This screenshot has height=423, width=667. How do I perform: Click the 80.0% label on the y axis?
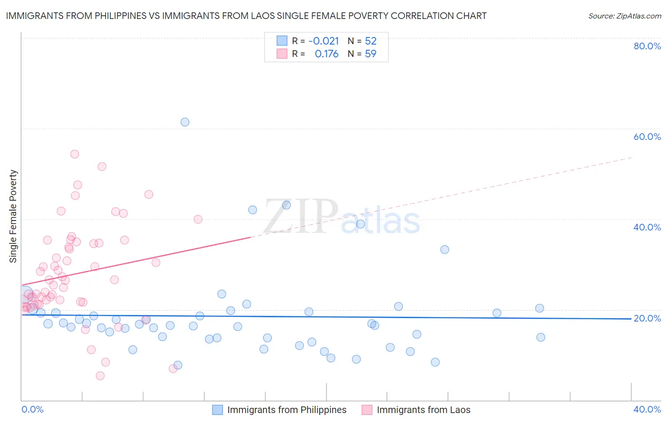[647, 46]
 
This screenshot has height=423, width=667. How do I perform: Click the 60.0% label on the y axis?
[647, 137]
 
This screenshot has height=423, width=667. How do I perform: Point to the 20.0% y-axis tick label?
[647, 318]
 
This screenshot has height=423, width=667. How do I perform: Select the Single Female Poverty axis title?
[13, 216]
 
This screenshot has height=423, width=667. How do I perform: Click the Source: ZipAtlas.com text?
[624, 16]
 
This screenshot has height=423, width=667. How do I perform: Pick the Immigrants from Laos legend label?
[423, 410]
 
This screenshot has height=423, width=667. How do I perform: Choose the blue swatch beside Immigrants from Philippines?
[217, 410]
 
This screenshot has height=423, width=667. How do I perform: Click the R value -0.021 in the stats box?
[324, 41]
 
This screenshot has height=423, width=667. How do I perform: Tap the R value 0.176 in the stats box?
[326, 54]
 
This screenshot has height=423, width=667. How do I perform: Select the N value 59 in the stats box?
[371, 54]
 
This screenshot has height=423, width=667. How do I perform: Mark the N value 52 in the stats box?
[371, 41]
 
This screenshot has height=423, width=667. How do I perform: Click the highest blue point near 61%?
[185, 122]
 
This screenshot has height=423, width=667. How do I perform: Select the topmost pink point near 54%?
[74, 154]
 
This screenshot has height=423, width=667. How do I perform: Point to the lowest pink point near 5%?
[100, 376]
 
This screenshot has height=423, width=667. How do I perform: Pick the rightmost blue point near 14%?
[541, 338]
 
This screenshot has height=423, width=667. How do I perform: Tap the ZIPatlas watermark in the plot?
[342, 217]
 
